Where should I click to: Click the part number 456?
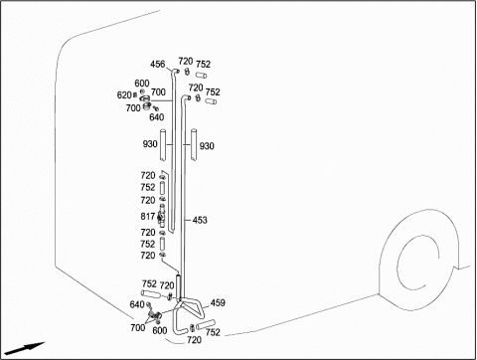coord(157,64)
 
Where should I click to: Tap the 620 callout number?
coord(124,95)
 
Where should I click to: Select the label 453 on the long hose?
coord(200,220)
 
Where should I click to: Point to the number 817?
coord(148,217)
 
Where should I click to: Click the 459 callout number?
coord(218,302)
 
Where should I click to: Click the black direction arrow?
coord(25,348)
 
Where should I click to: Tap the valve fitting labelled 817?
coord(161,216)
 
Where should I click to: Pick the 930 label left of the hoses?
coord(150,144)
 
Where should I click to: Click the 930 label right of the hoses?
coord(207,146)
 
